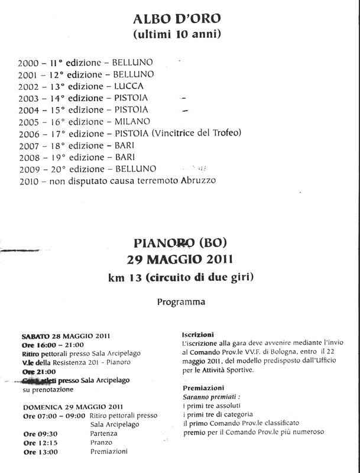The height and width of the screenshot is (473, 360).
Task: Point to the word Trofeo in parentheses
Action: point(225,133)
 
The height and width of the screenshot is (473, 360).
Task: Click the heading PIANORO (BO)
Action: point(180,242)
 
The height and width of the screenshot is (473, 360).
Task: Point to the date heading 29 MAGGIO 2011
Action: point(180,259)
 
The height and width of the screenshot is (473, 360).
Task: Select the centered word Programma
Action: point(181,302)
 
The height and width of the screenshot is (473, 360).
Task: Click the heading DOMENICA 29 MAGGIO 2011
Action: point(66,407)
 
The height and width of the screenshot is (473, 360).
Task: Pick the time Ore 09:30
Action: point(40,433)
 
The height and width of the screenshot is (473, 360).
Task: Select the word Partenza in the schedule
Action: point(104,433)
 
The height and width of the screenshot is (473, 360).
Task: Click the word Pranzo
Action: point(102,442)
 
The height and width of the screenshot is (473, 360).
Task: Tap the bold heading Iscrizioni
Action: point(198,335)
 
